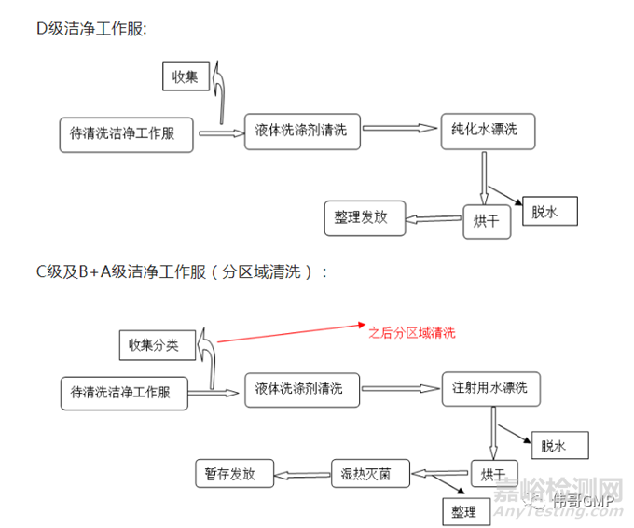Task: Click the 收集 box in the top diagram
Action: [x=185, y=77]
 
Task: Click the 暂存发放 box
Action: [x=230, y=473]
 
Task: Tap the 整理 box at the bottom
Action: [x=464, y=511]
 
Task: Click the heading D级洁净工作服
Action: [x=91, y=29]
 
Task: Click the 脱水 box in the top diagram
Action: [x=550, y=211]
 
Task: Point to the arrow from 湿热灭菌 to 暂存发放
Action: [x=301, y=474]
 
